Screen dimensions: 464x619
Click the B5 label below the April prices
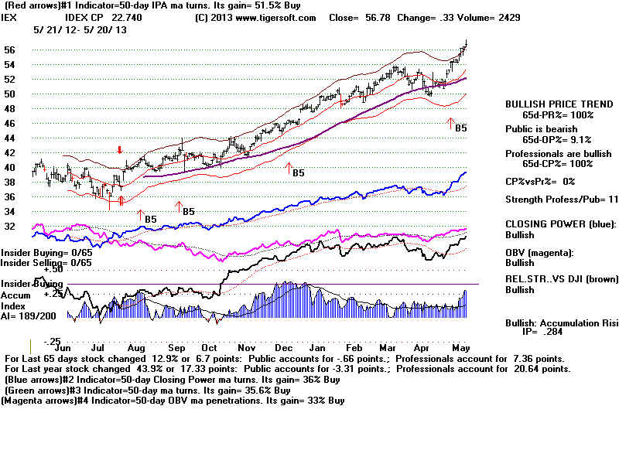[460, 128]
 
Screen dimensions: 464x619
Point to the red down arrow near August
[119, 150]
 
